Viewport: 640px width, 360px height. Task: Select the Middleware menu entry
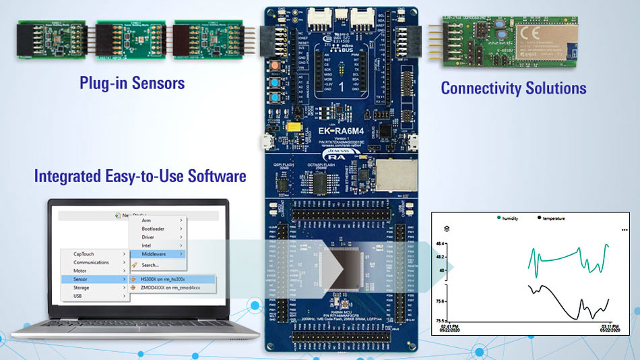point(154,254)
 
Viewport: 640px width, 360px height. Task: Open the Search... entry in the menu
point(151,264)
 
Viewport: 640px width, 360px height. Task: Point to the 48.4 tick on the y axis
point(440,243)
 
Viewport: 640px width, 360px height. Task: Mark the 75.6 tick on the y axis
point(440,301)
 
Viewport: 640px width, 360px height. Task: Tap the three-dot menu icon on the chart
point(625,230)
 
